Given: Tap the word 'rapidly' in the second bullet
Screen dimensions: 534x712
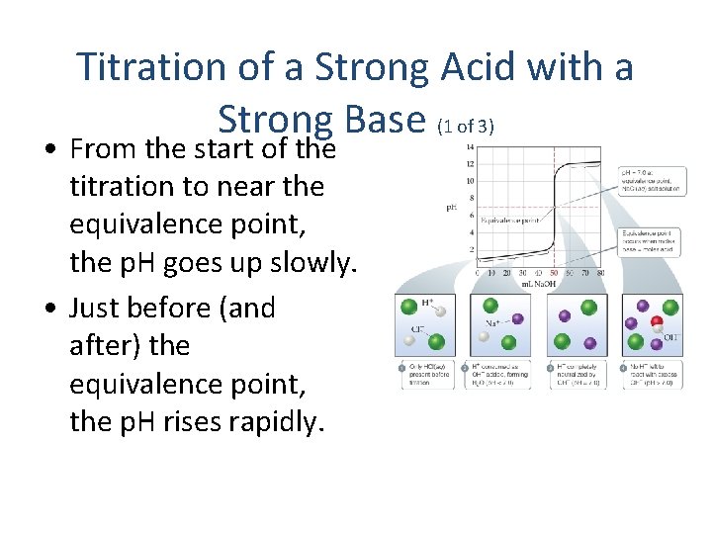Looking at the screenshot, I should tap(275, 421).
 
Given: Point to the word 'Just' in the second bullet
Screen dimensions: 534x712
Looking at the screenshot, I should tap(100, 308).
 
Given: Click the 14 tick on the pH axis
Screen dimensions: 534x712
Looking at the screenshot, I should tap(469, 148).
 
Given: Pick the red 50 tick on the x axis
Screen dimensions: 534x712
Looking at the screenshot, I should tap(553, 273).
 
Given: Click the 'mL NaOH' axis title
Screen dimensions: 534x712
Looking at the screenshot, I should tap(540, 284).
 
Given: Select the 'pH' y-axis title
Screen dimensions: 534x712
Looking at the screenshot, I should tap(452, 208).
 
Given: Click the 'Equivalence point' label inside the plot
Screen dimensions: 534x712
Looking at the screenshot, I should tap(512, 220).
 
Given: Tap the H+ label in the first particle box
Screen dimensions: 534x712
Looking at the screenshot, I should tap(427, 302).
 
